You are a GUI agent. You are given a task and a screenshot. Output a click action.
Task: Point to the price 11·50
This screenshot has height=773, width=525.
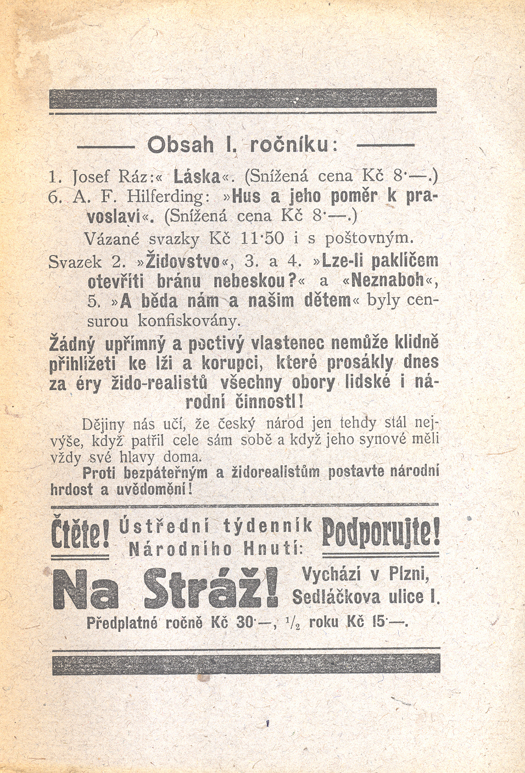(x=261, y=240)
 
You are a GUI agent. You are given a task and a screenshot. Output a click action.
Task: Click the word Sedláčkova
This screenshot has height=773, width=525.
(x=336, y=597)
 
